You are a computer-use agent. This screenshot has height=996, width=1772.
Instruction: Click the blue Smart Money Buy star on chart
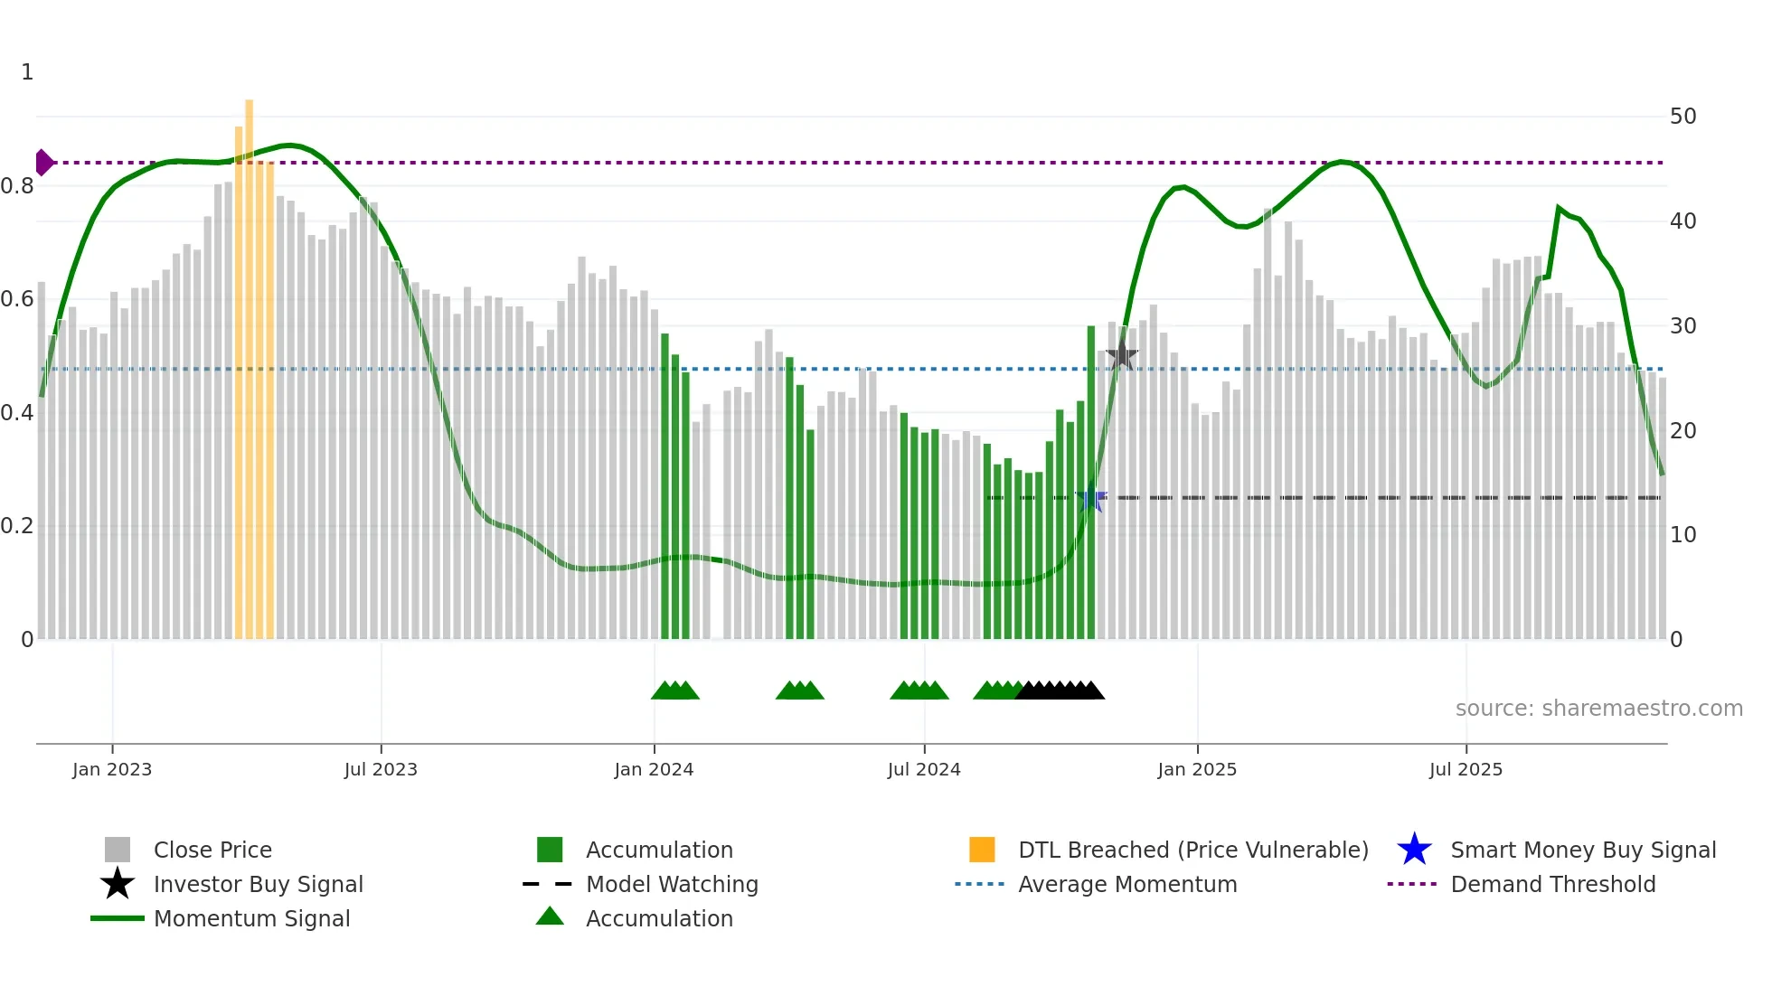coord(1090,498)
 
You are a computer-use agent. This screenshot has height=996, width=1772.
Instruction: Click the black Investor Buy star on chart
coord(1121,355)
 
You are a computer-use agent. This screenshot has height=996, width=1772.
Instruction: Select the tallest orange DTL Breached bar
coord(250,362)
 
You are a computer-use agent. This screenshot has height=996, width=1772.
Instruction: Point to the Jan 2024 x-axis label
coord(654,769)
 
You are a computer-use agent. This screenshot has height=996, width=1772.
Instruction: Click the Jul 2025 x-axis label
coord(1466,769)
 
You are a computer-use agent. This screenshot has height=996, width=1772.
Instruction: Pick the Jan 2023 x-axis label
coord(112,769)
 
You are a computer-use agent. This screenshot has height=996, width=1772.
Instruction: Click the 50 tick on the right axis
coord(1682,117)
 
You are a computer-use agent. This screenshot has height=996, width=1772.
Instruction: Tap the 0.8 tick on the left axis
coord(18,186)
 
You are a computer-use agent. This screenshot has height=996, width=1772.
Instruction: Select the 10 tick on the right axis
coord(1682,535)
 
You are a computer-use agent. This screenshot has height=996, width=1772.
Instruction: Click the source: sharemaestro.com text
coord(1598,709)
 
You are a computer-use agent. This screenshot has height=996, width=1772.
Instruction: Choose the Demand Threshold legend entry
coord(1552,884)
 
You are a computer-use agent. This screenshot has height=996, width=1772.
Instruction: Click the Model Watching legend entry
coord(672,884)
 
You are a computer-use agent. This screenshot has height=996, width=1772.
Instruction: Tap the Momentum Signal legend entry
coord(251,918)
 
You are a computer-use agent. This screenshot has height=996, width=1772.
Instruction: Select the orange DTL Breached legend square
coord(982,850)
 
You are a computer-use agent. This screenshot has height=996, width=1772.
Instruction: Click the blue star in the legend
coord(1414,850)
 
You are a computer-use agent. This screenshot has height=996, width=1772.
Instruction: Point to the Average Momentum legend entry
coord(1127,884)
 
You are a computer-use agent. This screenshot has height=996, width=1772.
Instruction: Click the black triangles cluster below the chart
coord(1060,691)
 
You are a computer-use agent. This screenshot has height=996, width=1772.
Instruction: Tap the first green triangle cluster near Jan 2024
coord(674,691)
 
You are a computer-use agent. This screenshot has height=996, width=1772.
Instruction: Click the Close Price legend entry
coord(212,850)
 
